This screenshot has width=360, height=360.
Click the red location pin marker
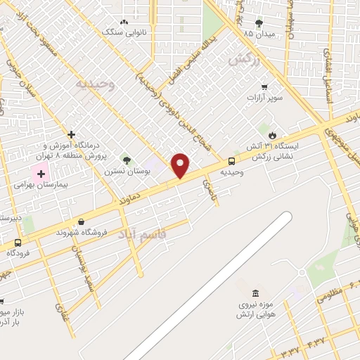click(181, 165)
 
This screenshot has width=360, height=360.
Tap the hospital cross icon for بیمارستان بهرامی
click(41, 173)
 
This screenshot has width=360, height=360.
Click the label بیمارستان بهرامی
click(39, 185)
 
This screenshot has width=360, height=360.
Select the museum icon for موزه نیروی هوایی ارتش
click(255, 292)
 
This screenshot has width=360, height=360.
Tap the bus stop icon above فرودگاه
click(18, 243)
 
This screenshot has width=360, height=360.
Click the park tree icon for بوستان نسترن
click(127, 159)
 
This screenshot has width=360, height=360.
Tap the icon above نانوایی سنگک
click(125, 22)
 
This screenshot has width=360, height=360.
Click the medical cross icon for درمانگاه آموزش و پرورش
click(71, 134)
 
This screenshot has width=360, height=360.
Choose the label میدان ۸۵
click(258, 33)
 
